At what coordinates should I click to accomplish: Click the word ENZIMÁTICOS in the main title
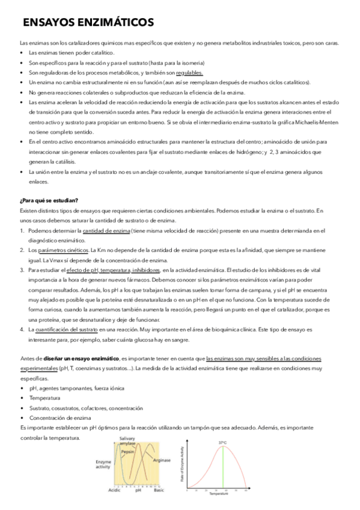(x=115, y=23)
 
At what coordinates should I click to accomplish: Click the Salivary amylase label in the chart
(x=127, y=441)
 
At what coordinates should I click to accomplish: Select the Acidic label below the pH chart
(x=114, y=490)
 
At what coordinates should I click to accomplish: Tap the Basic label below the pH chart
(x=159, y=490)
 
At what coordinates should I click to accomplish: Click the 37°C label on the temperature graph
(x=223, y=443)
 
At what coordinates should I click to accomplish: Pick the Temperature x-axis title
(x=219, y=494)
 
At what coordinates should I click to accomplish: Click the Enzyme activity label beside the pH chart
(x=104, y=465)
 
